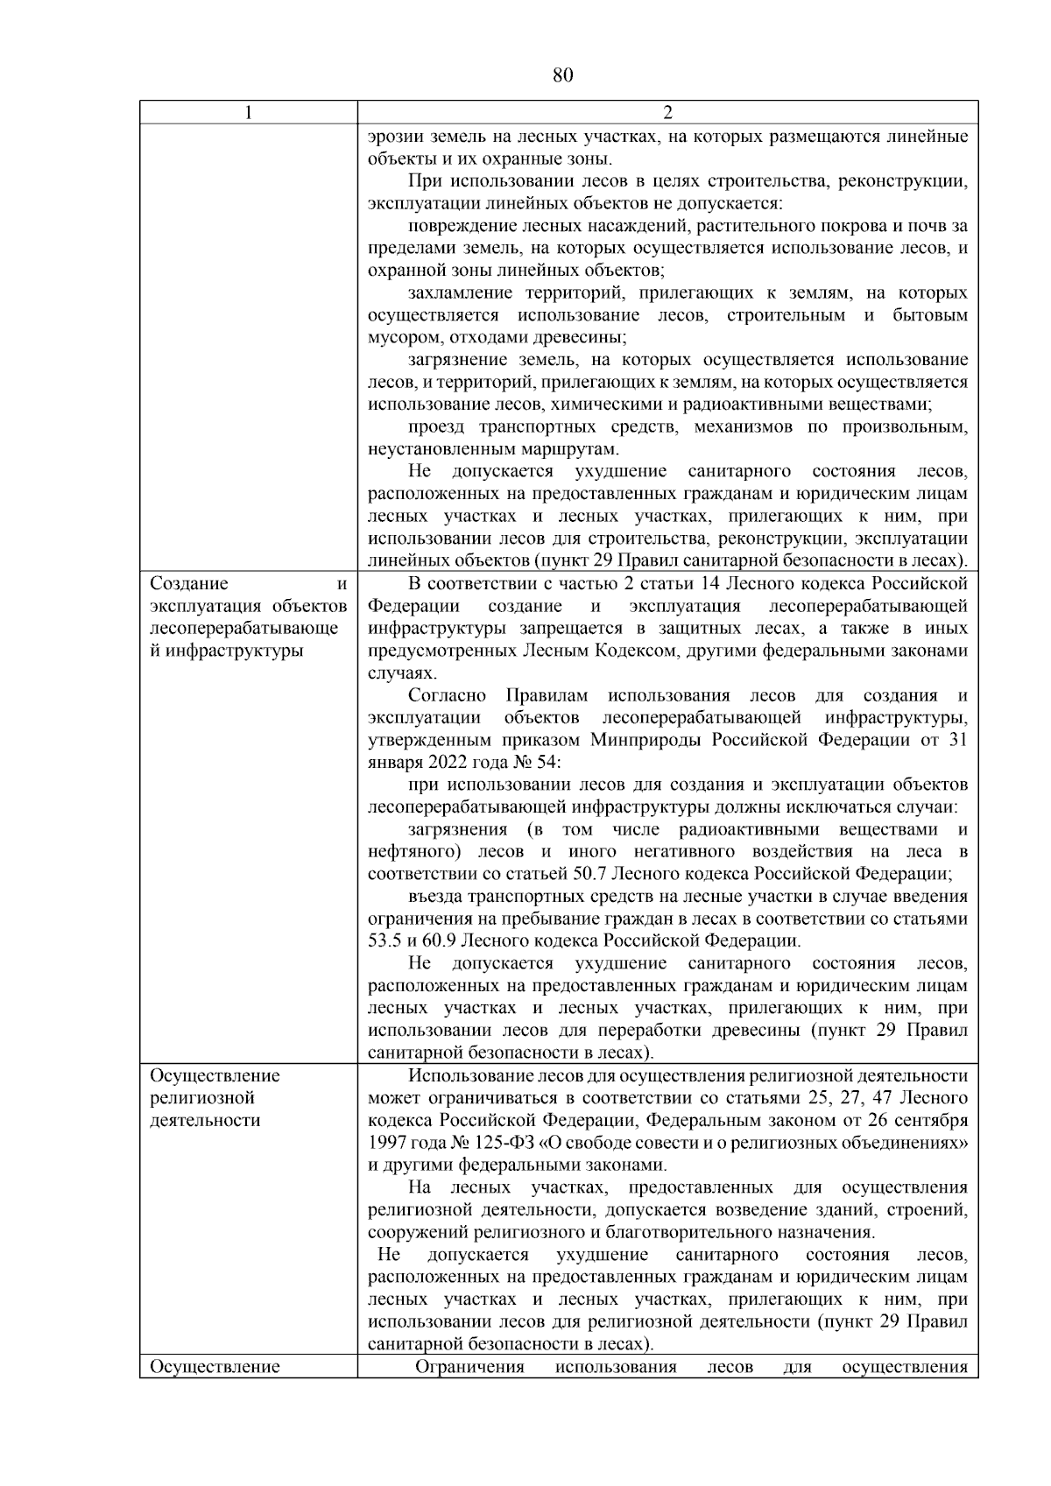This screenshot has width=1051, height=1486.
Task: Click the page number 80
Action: pos(562,75)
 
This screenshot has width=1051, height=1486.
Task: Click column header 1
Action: pos(248,113)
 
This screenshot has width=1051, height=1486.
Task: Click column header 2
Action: pos(667,113)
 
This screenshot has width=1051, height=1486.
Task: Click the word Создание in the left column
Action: pos(188,584)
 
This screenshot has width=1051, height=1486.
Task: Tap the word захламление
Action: pos(461,292)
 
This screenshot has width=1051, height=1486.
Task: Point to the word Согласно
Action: pos(447,696)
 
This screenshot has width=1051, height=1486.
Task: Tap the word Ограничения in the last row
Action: pos(469,1367)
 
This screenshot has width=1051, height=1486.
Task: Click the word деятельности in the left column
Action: pos(205,1120)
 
